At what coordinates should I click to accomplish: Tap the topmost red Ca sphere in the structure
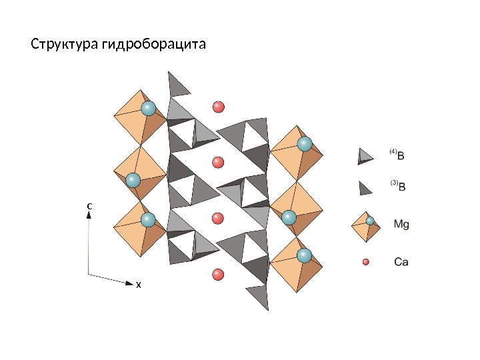point(218,107)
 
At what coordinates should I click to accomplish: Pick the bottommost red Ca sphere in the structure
point(218,274)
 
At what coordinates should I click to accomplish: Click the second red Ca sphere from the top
point(218,162)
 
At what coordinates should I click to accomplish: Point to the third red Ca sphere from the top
point(218,218)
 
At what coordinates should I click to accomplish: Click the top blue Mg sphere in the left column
point(149,108)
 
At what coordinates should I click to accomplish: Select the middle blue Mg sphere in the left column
point(133,180)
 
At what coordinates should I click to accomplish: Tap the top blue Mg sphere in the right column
point(305,143)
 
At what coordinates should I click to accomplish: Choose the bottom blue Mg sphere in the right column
point(305,255)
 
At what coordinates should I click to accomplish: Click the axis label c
point(89,207)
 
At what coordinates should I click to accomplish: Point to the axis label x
point(138,285)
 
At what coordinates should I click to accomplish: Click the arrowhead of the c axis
point(89,217)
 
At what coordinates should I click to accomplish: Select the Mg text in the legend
point(401,225)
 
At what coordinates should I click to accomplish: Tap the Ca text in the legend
point(401,262)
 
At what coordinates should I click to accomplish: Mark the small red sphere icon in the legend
point(365,262)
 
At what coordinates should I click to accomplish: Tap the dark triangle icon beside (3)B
point(365,188)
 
